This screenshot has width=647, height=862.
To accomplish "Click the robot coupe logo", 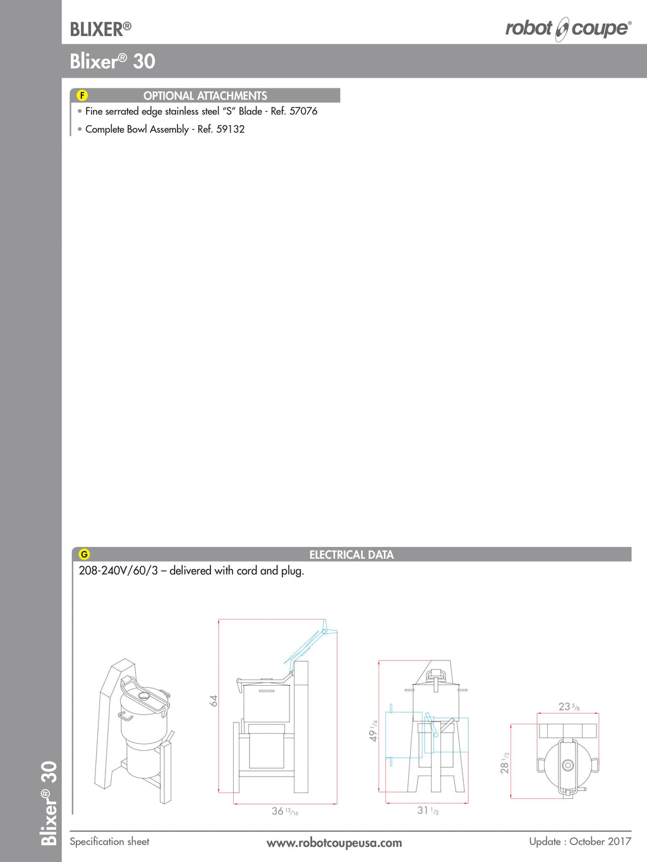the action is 568,29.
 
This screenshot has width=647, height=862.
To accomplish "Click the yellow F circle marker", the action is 82,95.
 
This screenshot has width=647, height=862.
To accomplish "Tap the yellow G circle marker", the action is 84,554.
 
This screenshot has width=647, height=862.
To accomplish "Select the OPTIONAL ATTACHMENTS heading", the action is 205,96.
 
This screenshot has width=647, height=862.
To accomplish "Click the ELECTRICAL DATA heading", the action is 351,554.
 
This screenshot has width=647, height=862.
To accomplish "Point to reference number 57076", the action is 303,112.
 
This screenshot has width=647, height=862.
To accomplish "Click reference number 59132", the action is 230,129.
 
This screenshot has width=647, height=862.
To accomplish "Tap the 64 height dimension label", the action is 214,700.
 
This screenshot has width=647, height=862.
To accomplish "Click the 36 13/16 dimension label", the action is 285,811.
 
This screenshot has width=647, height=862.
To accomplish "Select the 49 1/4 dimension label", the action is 373,731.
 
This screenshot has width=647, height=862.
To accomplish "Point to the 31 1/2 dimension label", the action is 427,810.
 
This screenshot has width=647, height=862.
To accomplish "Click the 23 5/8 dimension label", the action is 569,707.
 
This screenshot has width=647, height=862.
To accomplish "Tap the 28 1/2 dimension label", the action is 505,763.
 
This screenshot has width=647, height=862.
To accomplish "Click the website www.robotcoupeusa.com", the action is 334,843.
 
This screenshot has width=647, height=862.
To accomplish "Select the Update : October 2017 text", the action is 580,842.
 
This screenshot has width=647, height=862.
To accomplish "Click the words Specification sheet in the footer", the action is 109,842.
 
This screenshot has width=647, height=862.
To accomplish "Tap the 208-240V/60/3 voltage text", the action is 118,571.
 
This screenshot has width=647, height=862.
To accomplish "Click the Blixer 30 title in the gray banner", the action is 112,61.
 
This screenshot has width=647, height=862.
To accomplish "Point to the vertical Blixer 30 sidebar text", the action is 49,803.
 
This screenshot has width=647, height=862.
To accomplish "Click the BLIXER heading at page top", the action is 100,30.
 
